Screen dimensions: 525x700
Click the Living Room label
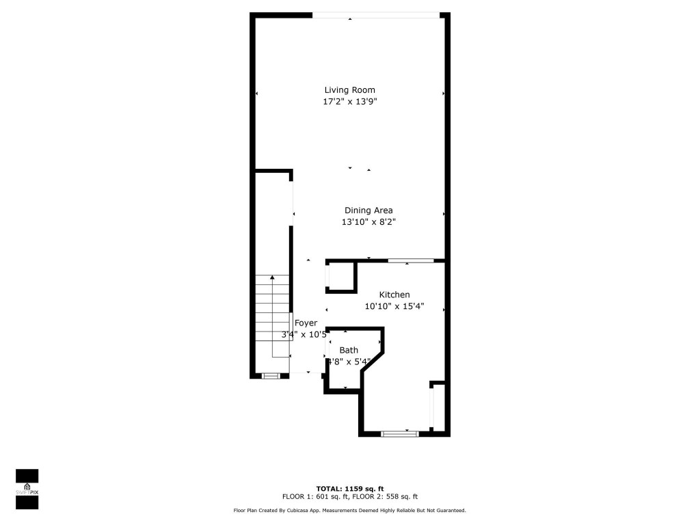click(349, 90)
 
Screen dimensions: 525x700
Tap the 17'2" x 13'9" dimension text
click(349, 102)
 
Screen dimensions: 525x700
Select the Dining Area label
click(368, 211)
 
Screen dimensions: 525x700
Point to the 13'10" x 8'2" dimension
click(369, 222)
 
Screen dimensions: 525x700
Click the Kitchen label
click(394, 295)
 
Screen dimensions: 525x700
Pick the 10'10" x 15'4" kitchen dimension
click(394, 306)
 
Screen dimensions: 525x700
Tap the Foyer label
click(306, 323)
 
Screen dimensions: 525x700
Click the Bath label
click(349, 350)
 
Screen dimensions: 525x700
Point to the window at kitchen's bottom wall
click(399, 433)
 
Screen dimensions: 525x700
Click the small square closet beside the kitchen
click(341, 277)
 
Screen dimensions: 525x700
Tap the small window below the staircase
click(271, 375)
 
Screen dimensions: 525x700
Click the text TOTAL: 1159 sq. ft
click(349, 488)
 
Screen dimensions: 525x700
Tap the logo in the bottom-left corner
click(27, 489)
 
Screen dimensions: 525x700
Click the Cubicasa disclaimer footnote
click(349, 511)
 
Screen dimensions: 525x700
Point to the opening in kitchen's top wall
click(411, 260)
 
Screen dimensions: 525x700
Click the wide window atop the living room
click(376, 15)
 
